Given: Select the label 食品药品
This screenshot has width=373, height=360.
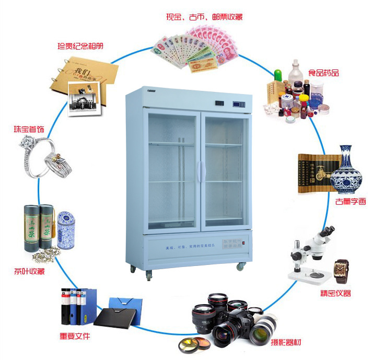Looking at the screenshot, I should [x=323, y=73].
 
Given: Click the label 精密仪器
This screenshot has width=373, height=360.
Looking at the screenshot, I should [x=335, y=293].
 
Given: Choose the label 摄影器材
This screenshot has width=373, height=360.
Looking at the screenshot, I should [x=286, y=343].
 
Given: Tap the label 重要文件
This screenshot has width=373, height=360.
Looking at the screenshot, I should [x=75, y=335].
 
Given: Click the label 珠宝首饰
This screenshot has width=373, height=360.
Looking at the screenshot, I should [x=29, y=129].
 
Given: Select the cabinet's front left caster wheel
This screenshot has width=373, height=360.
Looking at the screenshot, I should [x=148, y=274].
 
